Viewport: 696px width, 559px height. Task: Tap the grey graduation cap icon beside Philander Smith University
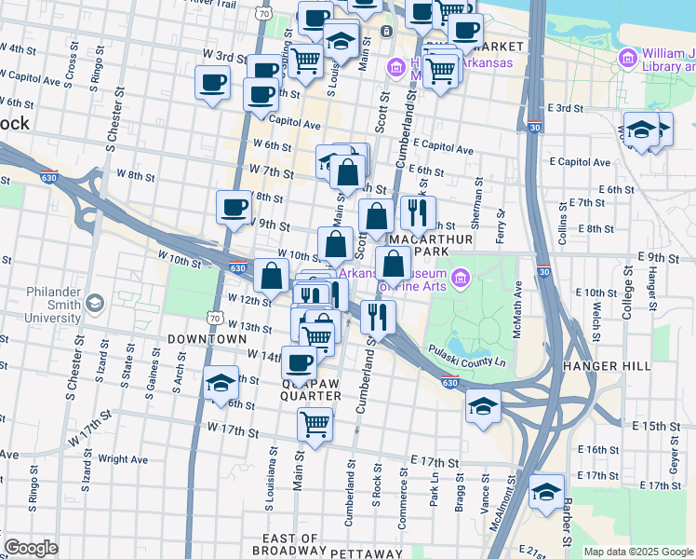click(x=94, y=304)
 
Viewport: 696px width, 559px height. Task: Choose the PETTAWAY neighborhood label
click(x=372, y=553)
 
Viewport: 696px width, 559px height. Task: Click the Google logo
click(x=31, y=548)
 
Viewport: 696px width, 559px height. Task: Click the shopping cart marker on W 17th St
click(x=315, y=424)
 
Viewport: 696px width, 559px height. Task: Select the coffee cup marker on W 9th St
click(x=234, y=206)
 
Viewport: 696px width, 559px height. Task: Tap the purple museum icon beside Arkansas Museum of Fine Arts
click(x=460, y=278)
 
